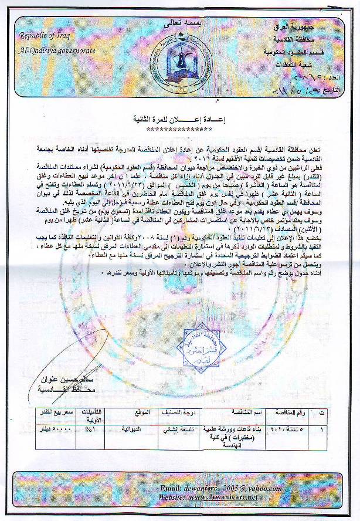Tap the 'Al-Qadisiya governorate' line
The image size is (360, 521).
pyautogui.click(x=57, y=50)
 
